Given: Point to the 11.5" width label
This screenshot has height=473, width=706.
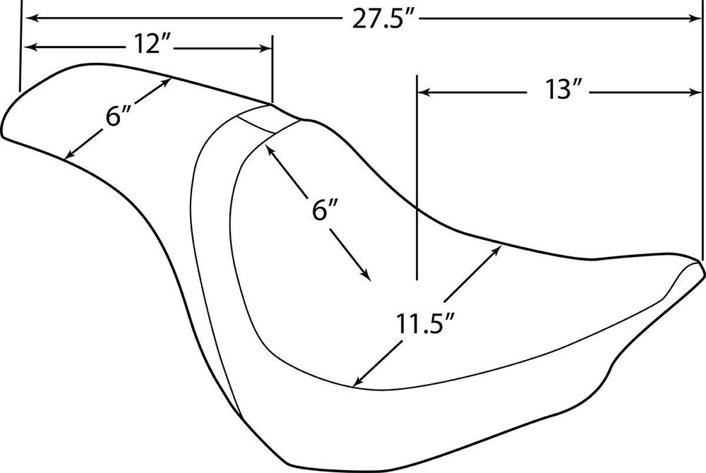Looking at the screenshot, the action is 425,323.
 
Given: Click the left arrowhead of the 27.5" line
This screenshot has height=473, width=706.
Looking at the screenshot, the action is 28,18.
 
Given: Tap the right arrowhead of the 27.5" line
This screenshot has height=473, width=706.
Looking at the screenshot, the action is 694,18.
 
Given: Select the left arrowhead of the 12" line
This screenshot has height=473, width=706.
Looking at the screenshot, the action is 28,47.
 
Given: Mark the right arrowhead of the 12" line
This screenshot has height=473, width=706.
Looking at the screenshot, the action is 265,49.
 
